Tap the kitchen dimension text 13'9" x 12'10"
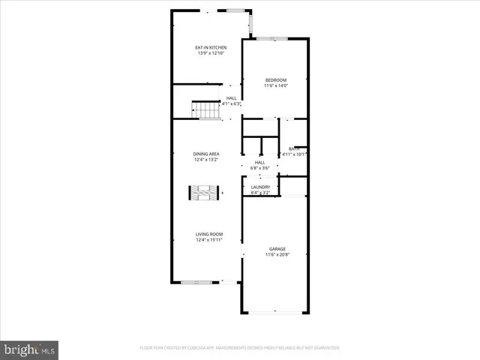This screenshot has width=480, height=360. pos(211,53)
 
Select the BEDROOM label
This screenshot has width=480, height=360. pos(276,80)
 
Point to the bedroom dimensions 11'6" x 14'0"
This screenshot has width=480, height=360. pos(276,85)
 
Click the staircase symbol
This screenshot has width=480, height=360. pos(205,110)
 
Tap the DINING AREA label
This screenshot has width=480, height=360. pos(206,154)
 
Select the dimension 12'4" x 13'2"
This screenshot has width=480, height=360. pos(206,159)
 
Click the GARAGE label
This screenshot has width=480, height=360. pos(277,249)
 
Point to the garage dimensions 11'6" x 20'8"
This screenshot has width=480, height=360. pos(277,254)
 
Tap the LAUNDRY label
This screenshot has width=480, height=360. pos(260,187)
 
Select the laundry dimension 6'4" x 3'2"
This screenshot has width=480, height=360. pos(260,192)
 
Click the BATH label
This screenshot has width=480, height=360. pos(295,148)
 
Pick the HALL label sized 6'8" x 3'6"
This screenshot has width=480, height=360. pos(259,162)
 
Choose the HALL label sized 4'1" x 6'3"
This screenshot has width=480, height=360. pos(232,98)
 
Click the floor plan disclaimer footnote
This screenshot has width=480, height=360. pos(239,348)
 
